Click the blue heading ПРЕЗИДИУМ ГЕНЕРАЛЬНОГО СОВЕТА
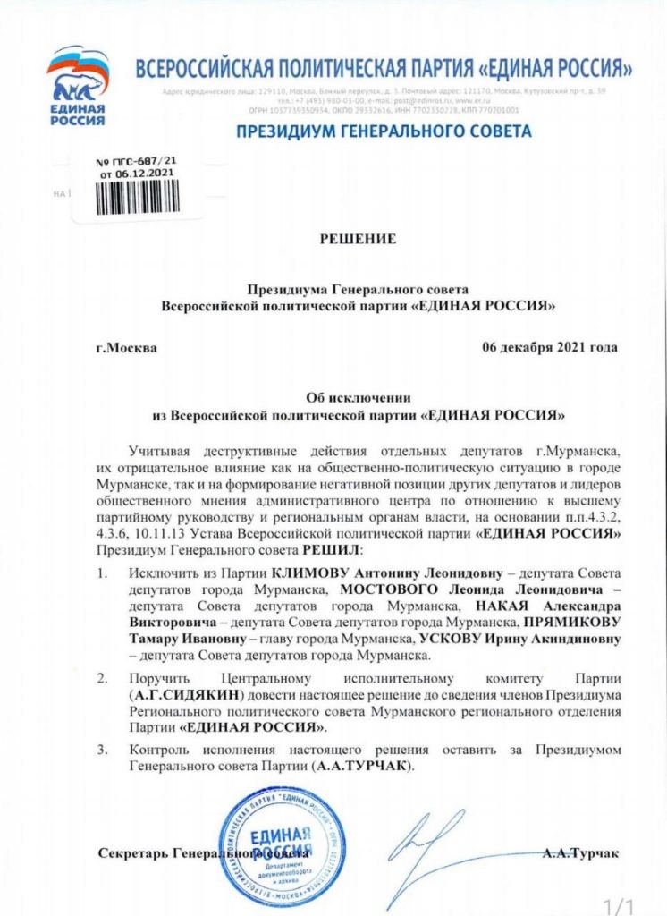383,132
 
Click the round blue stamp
281,841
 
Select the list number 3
104,748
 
